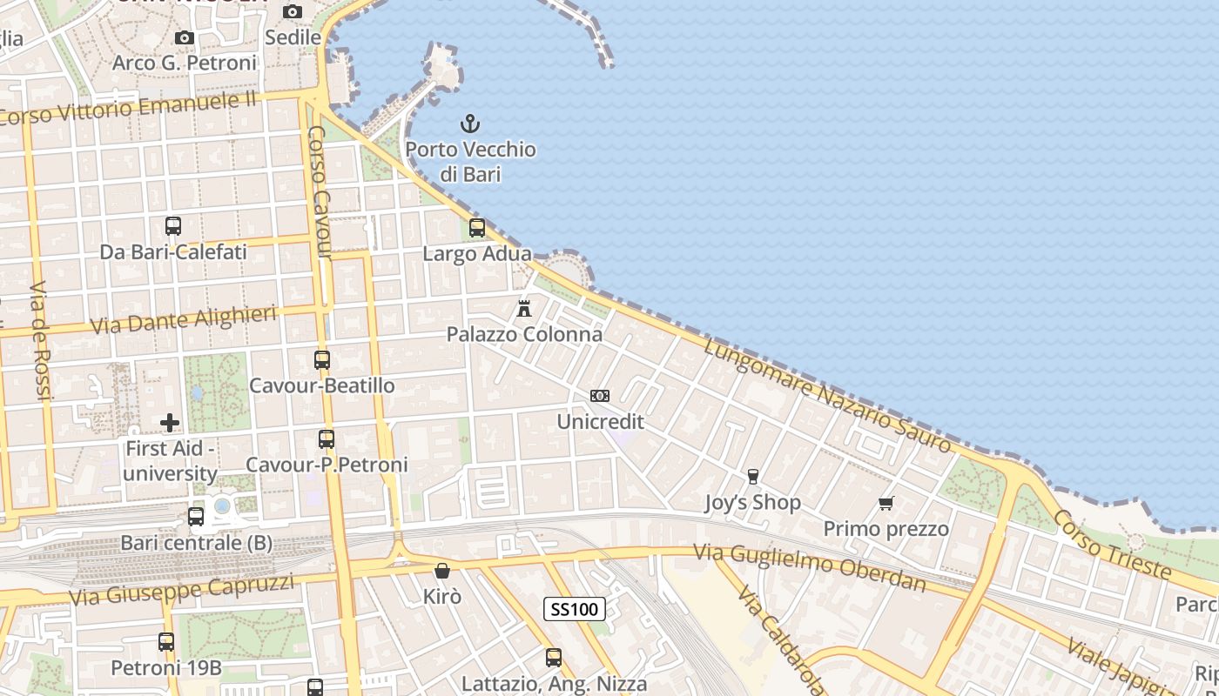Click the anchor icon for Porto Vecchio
(470, 124)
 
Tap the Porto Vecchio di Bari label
(470, 162)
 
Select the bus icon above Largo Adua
(477, 228)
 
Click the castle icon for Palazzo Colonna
(524, 308)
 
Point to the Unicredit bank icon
(600, 396)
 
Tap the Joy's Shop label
(752, 503)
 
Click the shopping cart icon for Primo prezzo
(886, 503)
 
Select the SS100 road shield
(575, 609)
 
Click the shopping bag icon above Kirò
(442, 571)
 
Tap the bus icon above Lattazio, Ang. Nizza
(554, 658)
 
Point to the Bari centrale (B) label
(196, 543)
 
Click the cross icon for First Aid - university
(170, 423)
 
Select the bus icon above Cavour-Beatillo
(322, 359)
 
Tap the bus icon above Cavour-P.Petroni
(327, 439)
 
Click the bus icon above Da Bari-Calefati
(173, 226)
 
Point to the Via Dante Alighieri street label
(184, 320)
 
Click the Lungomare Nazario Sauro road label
(827, 396)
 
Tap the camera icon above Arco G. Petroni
(185, 37)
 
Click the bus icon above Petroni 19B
(166, 642)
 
